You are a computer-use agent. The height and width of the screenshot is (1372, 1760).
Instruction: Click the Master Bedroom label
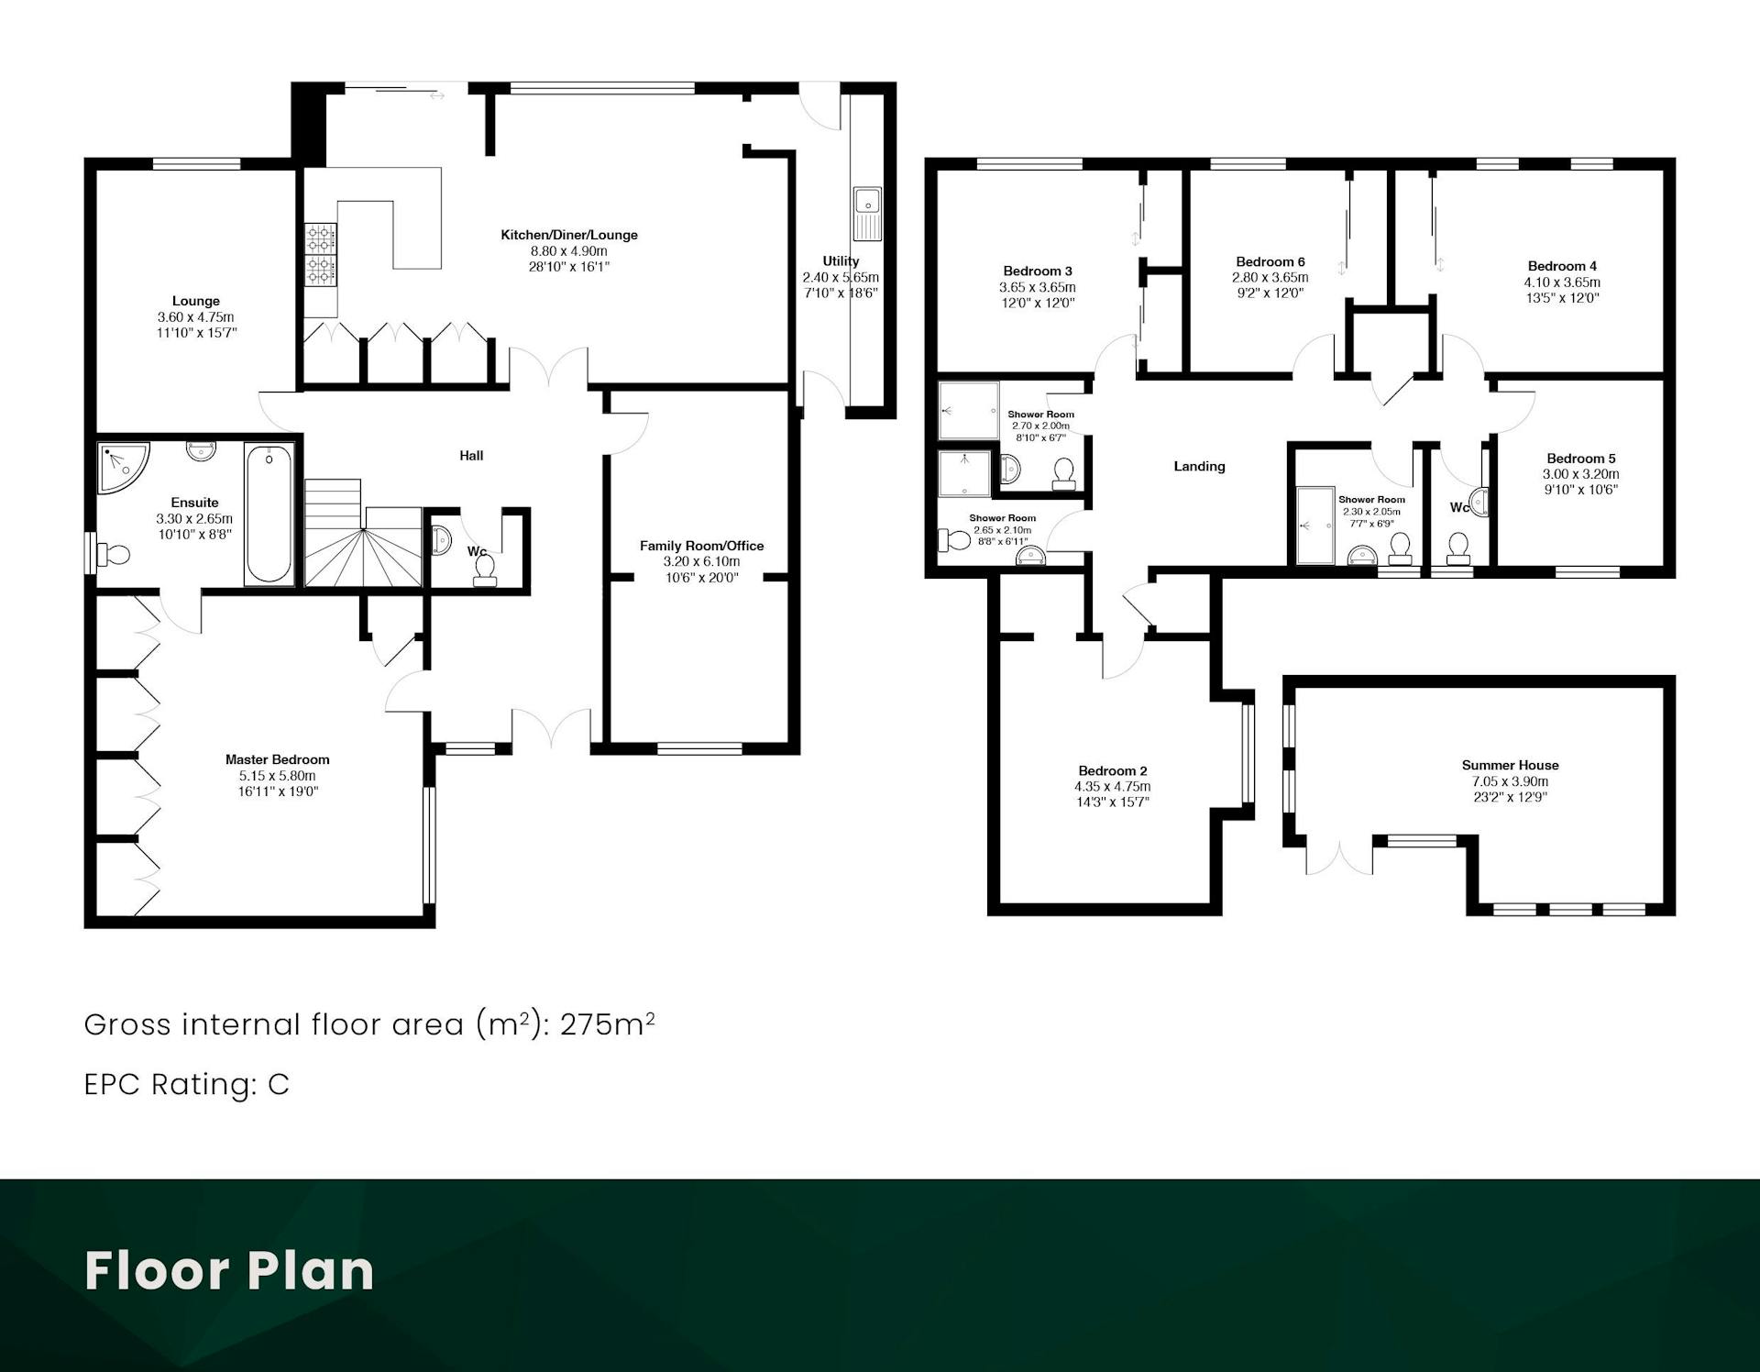pos(277,759)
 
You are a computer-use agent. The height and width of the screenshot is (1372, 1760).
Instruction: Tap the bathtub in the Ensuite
pos(269,514)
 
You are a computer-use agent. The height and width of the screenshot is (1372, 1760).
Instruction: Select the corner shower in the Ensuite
pos(123,469)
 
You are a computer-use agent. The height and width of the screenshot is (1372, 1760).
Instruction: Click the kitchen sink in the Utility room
pos(866,212)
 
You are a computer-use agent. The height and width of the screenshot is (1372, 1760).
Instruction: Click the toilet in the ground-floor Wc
pos(484,571)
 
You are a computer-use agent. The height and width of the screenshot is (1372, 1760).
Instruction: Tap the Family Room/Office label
pos(701,546)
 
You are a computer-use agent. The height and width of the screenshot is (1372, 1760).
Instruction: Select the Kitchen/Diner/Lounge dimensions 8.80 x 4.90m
pos(568,251)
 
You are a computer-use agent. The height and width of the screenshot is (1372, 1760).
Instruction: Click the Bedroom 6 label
pos(1270,261)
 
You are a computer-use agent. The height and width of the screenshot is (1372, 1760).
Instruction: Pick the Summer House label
pos(1510,765)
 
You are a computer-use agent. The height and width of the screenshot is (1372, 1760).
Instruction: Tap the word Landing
pos(1199,466)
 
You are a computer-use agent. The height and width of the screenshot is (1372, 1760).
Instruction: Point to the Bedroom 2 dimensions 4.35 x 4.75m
pos(1112,786)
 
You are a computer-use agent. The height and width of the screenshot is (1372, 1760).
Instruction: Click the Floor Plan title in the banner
pos(229,1271)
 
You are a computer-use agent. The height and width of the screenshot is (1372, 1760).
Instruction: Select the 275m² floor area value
pos(607,1023)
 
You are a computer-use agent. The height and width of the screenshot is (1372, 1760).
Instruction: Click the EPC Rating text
pos(186,1084)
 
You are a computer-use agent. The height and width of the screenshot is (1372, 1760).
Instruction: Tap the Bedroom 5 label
pos(1581,459)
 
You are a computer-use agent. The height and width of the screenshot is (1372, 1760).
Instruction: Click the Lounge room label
pos(196,301)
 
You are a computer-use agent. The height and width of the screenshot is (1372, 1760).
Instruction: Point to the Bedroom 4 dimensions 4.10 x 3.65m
pos(1562,282)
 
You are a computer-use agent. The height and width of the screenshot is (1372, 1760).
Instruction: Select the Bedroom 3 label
pos(1038,271)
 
